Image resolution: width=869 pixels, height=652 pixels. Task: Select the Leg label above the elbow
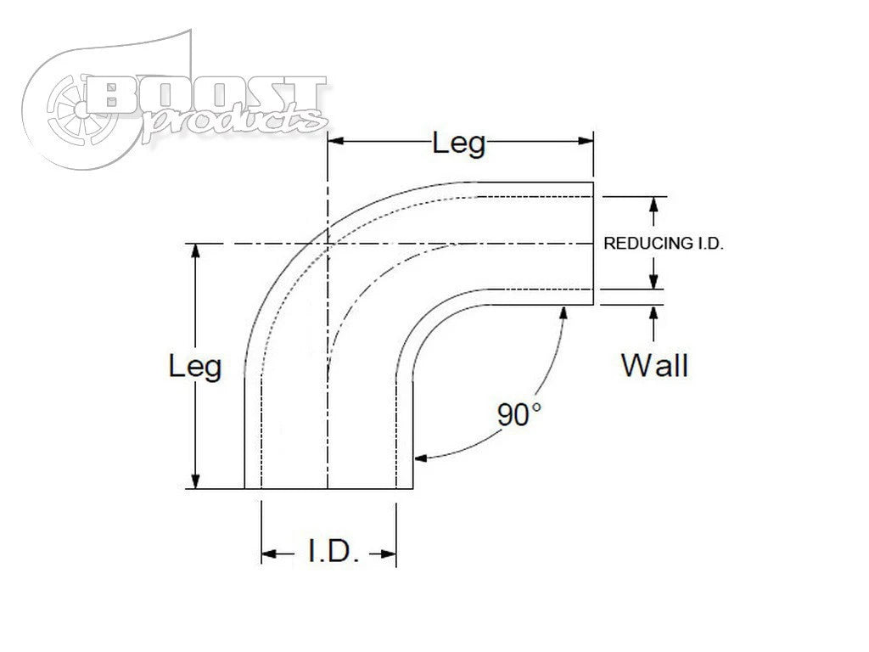click(459, 143)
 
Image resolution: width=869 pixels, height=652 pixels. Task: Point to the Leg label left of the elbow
click(195, 367)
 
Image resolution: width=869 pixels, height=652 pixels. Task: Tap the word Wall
click(654, 365)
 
